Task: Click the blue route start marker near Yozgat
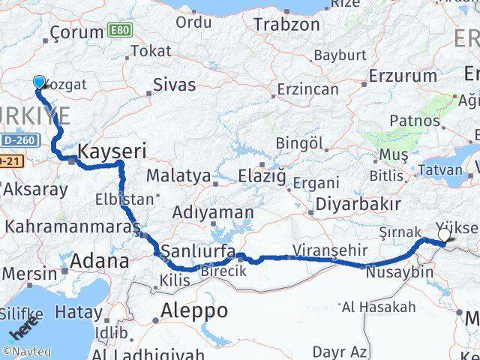(x=39, y=82)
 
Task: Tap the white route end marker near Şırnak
(x=444, y=235)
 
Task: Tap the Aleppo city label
(x=194, y=310)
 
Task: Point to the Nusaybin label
(x=400, y=271)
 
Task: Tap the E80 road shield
(x=117, y=31)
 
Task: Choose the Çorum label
(x=76, y=32)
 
